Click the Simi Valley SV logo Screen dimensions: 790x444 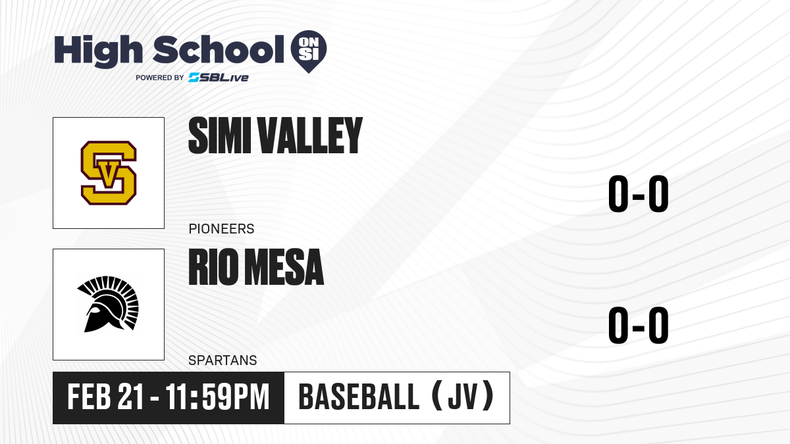[x=109, y=172]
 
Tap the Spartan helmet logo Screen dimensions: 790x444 [x=108, y=304]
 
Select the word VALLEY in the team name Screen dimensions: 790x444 [x=310, y=136]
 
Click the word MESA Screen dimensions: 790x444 [x=284, y=267]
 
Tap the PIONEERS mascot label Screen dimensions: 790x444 [x=221, y=229]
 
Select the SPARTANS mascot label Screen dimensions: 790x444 [x=223, y=360]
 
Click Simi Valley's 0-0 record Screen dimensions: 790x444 [x=639, y=194]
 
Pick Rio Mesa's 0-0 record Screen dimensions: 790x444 [x=639, y=325]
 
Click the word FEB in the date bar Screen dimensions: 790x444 [x=90, y=397]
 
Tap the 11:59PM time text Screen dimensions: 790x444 [x=217, y=397]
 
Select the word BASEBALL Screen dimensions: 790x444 [x=359, y=397]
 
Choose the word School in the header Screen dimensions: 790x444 [x=219, y=49]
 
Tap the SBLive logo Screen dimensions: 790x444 [x=219, y=78]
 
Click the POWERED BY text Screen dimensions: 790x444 [x=160, y=78]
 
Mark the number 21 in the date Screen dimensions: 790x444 [x=130, y=397]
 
